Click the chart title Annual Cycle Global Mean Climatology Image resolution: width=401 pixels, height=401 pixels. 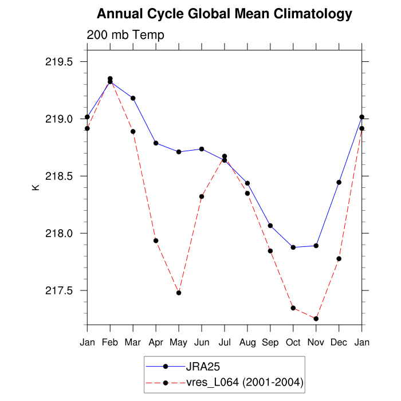click(224, 13)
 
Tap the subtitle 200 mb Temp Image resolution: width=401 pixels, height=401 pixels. click(125, 35)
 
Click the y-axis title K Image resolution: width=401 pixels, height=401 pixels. click(36, 187)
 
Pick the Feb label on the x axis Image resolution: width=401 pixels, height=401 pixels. click(110, 342)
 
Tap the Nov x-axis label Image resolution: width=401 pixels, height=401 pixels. click(316, 342)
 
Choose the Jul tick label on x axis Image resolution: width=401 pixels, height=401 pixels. click(225, 342)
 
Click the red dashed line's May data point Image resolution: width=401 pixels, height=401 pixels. click(179, 293)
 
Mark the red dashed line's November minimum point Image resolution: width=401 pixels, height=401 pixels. click(316, 319)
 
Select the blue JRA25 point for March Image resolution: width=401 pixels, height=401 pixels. click(133, 98)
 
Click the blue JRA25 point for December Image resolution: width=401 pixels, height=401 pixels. click(339, 182)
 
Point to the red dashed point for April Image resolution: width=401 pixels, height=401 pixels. click(156, 241)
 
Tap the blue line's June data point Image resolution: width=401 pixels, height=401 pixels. click(202, 149)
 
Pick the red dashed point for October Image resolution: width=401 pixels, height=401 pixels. click(293, 308)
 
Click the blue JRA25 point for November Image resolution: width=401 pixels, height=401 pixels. click(316, 246)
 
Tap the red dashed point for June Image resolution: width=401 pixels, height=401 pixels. click(202, 196)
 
